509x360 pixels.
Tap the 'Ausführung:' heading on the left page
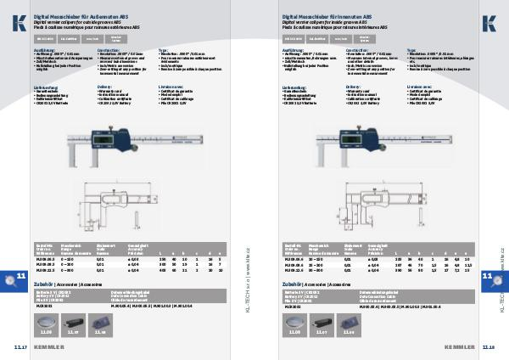pyautogui.click(x=45, y=50)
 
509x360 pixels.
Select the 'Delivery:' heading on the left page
pyautogui.click(x=106, y=86)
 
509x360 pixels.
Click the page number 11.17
pyautogui.click(x=21, y=348)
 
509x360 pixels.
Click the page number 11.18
pyautogui.click(x=488, y=348)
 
